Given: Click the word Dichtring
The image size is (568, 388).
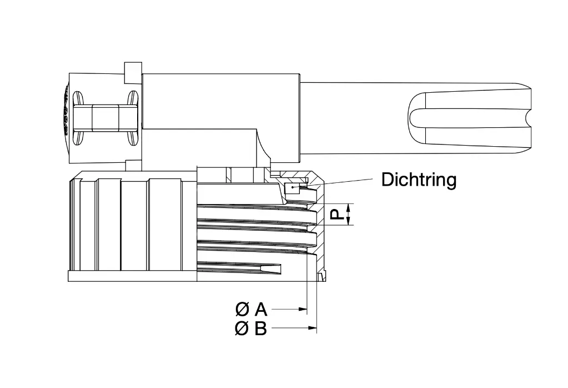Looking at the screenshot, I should [419, 180].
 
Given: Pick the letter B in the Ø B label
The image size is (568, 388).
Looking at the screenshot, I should [260, 329].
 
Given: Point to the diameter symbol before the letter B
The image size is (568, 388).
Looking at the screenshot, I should [242, 329].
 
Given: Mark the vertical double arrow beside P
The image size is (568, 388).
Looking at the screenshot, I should [349, 215].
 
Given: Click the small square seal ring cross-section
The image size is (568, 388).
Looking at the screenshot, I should [290, 189].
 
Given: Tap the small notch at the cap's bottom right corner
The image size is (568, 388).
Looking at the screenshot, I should [320, 276].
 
